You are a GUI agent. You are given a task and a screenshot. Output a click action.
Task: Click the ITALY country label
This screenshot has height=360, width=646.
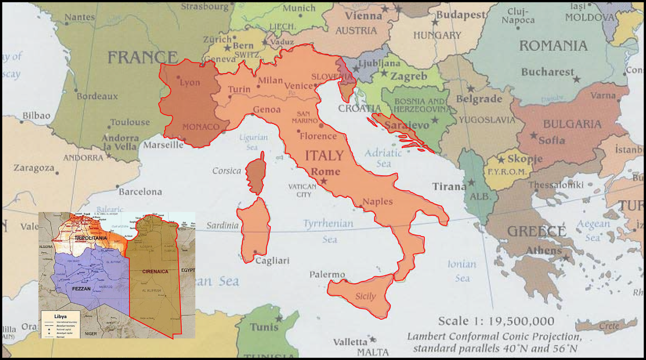point(324,155)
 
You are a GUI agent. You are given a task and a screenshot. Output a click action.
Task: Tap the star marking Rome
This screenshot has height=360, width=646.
point(324,181)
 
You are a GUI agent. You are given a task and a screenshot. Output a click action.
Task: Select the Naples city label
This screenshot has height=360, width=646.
point(378,201)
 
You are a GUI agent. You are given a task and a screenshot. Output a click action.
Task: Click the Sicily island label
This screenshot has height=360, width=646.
point(365,296)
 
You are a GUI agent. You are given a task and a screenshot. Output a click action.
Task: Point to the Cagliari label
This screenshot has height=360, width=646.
point(272,261)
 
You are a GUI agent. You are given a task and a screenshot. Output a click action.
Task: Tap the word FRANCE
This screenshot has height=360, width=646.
point(143,58)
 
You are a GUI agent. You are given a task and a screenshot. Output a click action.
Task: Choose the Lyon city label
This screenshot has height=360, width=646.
point(190,83)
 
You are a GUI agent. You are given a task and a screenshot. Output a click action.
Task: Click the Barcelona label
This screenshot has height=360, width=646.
point(140,192)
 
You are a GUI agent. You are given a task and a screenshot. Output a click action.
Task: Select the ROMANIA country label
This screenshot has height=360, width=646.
point(553,46)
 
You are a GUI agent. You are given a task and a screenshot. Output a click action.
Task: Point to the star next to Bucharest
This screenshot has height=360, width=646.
point(577,80)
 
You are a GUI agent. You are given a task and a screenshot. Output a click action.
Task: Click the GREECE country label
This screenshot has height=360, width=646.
point(536,231)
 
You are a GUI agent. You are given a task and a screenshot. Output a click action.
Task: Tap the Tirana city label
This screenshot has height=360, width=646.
point(449,186)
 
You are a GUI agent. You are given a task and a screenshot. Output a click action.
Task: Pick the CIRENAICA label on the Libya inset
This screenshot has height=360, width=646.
point(155,271)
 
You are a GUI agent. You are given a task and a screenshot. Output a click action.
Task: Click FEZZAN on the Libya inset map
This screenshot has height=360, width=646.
point(81,289)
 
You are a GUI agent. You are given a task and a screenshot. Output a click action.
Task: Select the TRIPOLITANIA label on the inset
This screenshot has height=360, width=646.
point(91,238)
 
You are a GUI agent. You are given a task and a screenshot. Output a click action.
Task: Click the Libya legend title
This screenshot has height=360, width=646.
point(61,316)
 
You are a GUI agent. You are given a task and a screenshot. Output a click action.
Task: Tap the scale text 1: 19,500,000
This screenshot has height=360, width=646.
point(496,321)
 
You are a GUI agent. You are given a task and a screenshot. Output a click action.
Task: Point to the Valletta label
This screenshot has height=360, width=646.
point(350,342)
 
